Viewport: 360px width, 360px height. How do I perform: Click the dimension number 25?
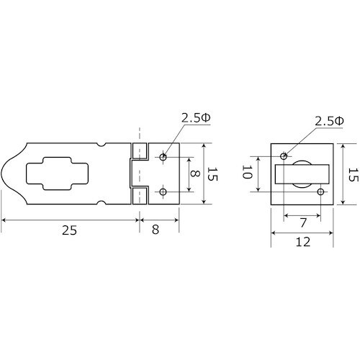click(x=69, y=230)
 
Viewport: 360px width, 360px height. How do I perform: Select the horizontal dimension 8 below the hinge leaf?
click(x=156, y=230)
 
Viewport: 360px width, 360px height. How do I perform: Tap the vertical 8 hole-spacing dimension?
click(x=194, y=174)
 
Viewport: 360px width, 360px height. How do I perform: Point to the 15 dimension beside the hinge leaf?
click(x=212, y=174)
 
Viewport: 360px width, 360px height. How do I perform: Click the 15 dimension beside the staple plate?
click(x=353, y=175)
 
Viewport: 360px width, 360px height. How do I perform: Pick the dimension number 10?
click(x=247, y=172)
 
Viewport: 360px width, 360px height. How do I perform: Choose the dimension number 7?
click(x=303, y=222)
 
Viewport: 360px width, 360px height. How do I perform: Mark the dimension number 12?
click(x=303, y=242)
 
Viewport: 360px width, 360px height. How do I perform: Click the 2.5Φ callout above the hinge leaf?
click(x=196, y=118)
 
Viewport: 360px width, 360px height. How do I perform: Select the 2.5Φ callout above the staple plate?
click(x=329, y=122)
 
